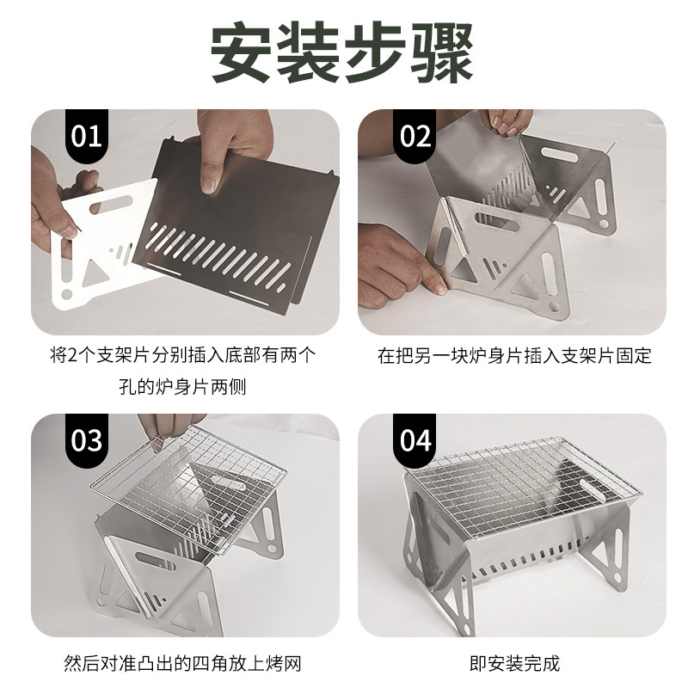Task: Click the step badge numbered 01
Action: coord(87,136)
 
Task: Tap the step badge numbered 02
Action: coord(415,136)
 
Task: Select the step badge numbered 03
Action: coord(87,440)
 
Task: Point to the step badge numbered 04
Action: coord(415,440)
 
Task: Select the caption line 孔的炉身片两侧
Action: coord(182,387)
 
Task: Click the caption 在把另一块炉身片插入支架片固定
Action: coord(514,356)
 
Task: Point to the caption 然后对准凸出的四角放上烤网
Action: coord(182,663)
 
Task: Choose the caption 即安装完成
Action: coord(514,663)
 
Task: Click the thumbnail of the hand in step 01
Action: coord(209,185)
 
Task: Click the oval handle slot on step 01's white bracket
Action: coord(111,205)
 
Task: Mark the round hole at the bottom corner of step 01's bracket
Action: coord(67,294)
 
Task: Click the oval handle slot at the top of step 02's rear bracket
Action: coord(560,155)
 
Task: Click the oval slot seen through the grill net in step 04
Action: coord(593,490)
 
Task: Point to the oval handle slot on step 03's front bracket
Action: coord(156,561)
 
